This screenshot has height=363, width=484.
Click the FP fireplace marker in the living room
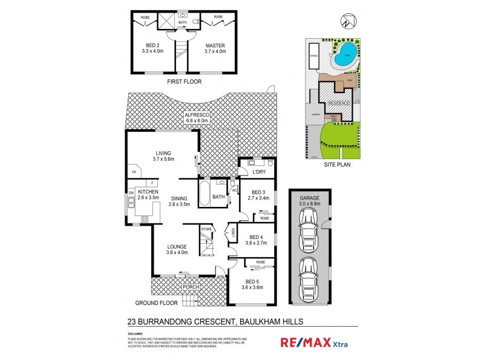134,172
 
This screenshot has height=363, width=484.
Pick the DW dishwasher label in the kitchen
130,194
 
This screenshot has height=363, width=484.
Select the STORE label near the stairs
207,229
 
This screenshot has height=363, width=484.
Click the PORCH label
181,286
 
